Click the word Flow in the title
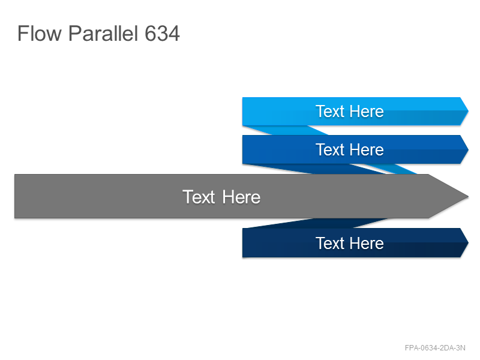click(x=40, y=33)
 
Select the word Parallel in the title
click(x=103, y=33)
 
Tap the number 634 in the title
click(x=162, y=34)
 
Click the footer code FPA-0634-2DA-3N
click(x=435, y=348)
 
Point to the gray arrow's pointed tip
click(x=468, y=196)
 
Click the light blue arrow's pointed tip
click(x=468, y=111)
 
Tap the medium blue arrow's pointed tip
click(x=468, y=149)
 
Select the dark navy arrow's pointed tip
click(x=468, y=243)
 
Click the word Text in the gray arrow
click(x=199, y=197)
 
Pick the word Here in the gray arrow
click(x=241, y=197)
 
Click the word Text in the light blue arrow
click(x=330, y=111)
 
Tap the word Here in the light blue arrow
click(x=367, y=111)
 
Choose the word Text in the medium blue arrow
click(x=330, y=149)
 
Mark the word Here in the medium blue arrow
click(x=367, y=149)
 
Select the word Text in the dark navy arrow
click(x=330, y=244)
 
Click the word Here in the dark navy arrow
click(x=367, y=244)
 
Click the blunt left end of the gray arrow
click(x=15, y=196)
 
